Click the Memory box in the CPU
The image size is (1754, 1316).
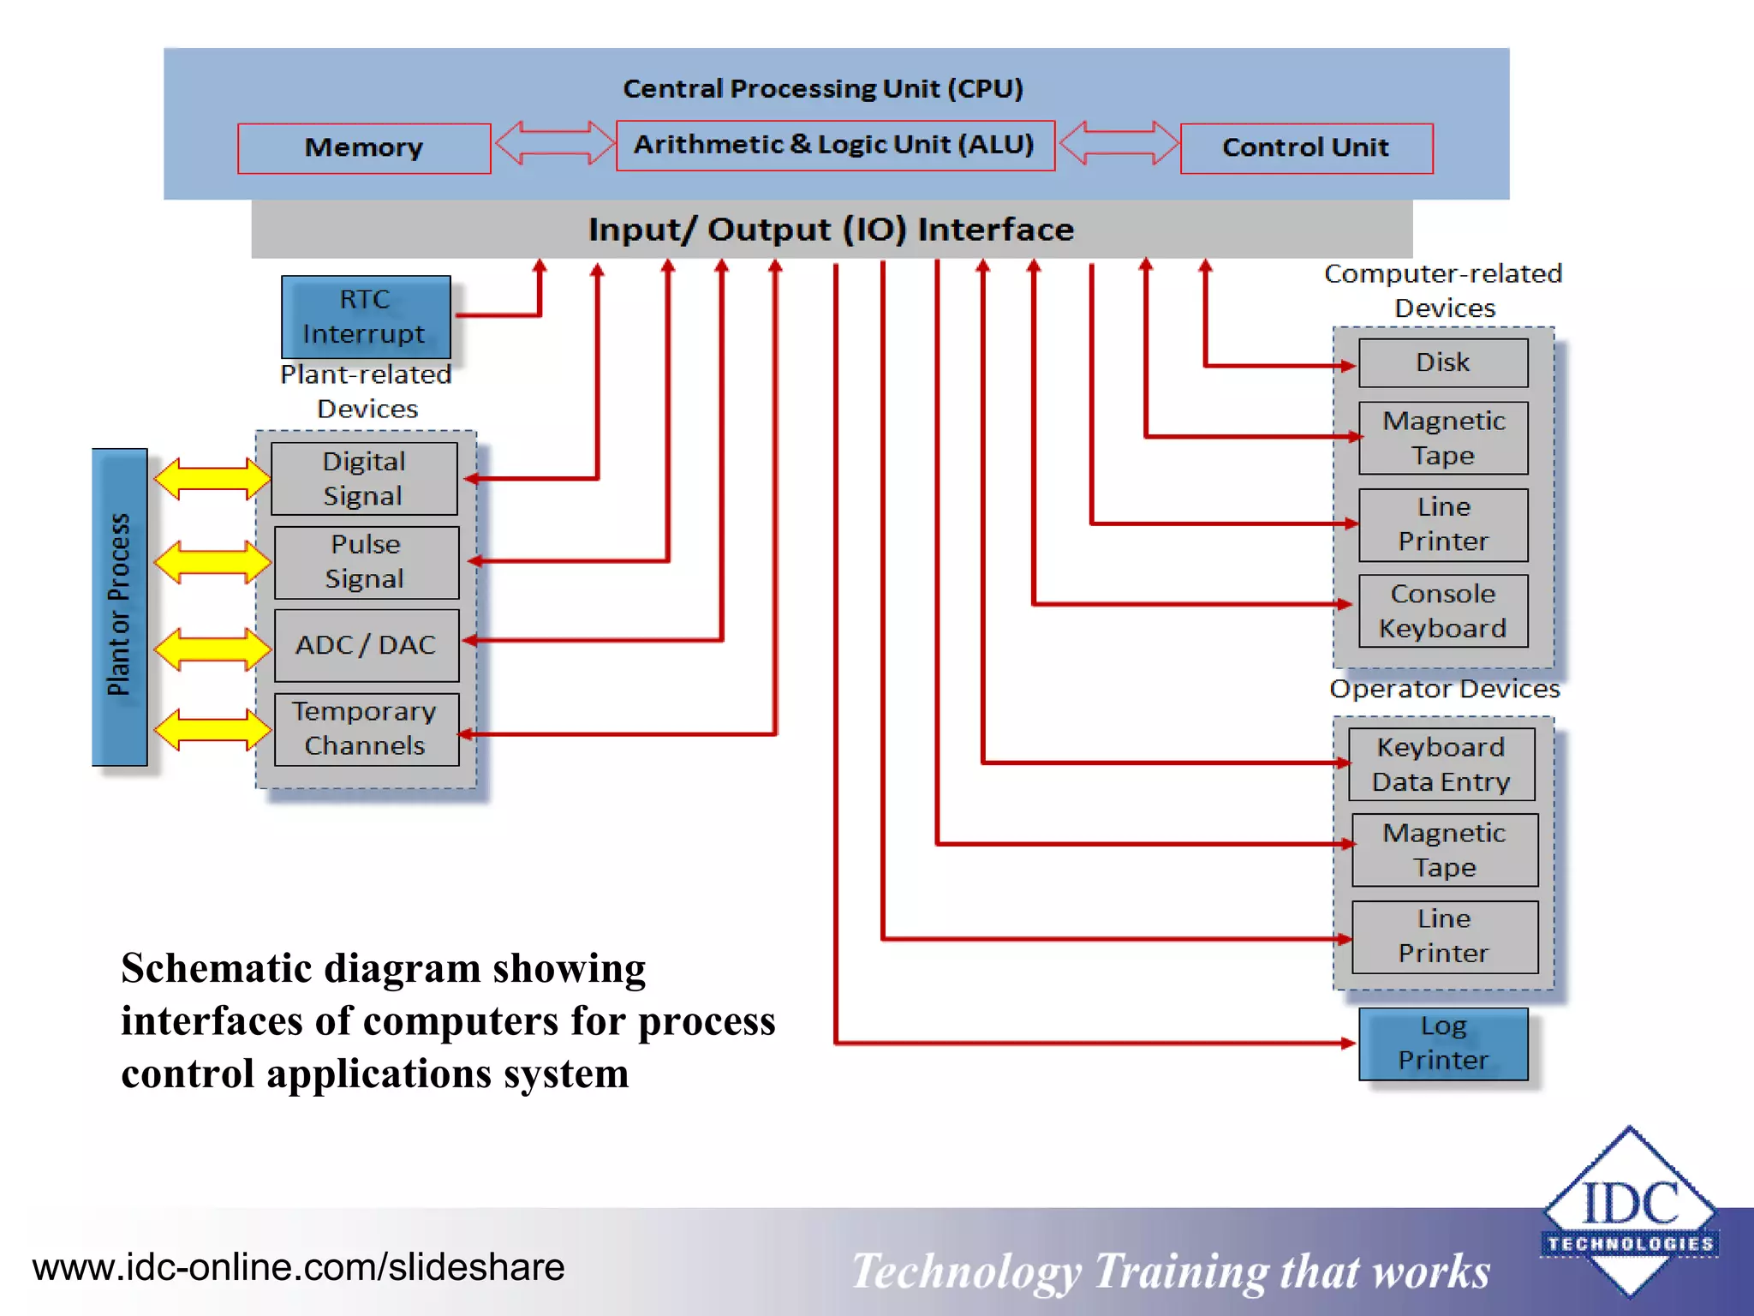tap(364, 148)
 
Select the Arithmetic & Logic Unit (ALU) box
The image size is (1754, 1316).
tap(835, 145)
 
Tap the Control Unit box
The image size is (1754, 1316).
tap(1306, 148)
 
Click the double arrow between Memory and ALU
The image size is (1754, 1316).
tap(554, 142)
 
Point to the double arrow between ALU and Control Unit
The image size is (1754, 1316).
tap(1118, 142)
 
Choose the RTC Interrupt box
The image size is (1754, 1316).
tap(366, 317)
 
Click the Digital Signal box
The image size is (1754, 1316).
tap(364, 479)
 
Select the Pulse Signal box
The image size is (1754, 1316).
tap(366, 562)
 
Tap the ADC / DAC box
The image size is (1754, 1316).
tap(366, 645)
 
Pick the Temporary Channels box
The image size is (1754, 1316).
tap(366, 729)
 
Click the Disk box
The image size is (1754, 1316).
tap(1443, 362)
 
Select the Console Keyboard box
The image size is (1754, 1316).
tap(1443, 611)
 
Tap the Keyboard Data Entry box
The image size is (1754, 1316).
tap(1441, 764)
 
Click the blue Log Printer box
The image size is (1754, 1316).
tap(1443, 1044)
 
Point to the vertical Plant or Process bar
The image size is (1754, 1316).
tap(120, 606)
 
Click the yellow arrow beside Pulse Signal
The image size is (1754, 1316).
tap(212, 562)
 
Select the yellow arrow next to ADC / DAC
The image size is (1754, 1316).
tap(212, 649)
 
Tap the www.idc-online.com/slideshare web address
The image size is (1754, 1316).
tap(298, 1267)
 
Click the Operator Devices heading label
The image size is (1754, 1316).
tap(1444, 689)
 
